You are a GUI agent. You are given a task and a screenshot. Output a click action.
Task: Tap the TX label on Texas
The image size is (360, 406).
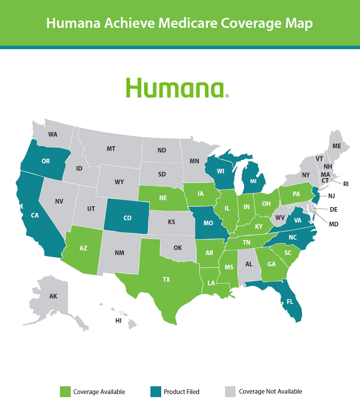click(x=166, y=279)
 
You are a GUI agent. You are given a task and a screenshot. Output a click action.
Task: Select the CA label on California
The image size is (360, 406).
click(x=35, y=215)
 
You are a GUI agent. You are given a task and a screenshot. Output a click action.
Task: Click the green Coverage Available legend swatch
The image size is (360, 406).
click(x=65, y=391)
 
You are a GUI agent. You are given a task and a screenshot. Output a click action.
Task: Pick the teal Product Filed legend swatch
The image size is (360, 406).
click(x=155, y=391)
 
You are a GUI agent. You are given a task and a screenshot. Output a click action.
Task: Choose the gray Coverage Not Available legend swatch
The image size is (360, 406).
click(x=230, y=391)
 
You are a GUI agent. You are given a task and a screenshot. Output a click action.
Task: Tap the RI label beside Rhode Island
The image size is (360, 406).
click(x=346, y=184)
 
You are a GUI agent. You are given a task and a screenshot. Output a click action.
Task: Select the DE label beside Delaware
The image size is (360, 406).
click(x=333, y=209)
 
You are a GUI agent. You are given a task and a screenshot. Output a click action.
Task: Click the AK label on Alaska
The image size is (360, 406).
click(x=53, y=296)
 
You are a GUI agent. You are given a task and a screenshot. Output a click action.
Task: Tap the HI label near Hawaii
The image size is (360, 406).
click(x=118, y=320)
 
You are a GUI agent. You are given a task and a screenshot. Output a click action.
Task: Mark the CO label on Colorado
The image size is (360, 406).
click(x=127, y=218)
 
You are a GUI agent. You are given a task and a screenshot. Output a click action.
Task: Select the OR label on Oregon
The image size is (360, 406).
click(x=46, y=161)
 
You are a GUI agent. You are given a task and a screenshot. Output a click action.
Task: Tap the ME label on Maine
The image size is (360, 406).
click(x=337, y=146)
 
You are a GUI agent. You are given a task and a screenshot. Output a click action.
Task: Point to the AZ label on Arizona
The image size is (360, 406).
click(x=84, y=248)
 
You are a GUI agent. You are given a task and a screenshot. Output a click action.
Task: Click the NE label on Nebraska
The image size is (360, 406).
click(x=163, y=197)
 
